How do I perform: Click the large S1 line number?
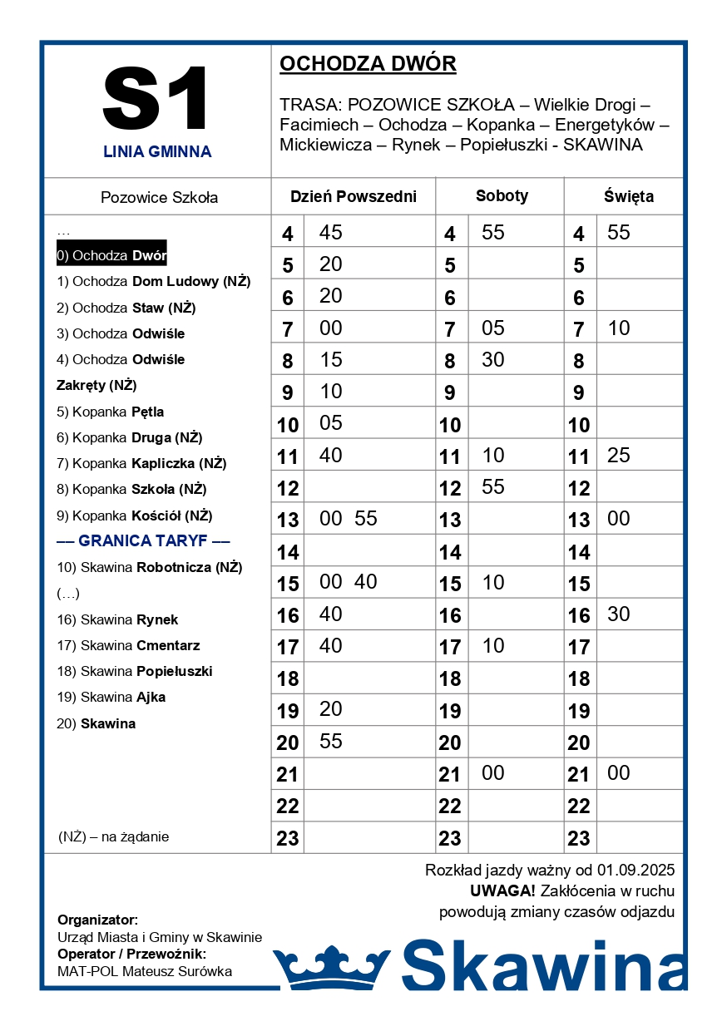156,100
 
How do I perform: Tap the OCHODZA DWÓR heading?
368,64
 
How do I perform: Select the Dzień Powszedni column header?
353,197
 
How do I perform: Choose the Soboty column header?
502,196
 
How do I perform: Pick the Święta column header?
628,197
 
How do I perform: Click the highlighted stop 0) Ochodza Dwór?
111,255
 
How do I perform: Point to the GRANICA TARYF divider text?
143,541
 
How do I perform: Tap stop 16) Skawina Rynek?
117,619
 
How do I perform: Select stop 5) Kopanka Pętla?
111,412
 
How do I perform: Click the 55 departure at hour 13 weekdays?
366,519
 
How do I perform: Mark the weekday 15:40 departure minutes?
366,582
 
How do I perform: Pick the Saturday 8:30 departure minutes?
493,360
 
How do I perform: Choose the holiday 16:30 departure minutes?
619,614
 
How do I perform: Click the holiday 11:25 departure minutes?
619,456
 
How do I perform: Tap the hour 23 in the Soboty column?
450,838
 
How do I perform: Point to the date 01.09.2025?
636,871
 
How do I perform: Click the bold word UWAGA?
502,891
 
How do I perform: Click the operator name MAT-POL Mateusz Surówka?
145,971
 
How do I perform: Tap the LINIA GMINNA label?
157,152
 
